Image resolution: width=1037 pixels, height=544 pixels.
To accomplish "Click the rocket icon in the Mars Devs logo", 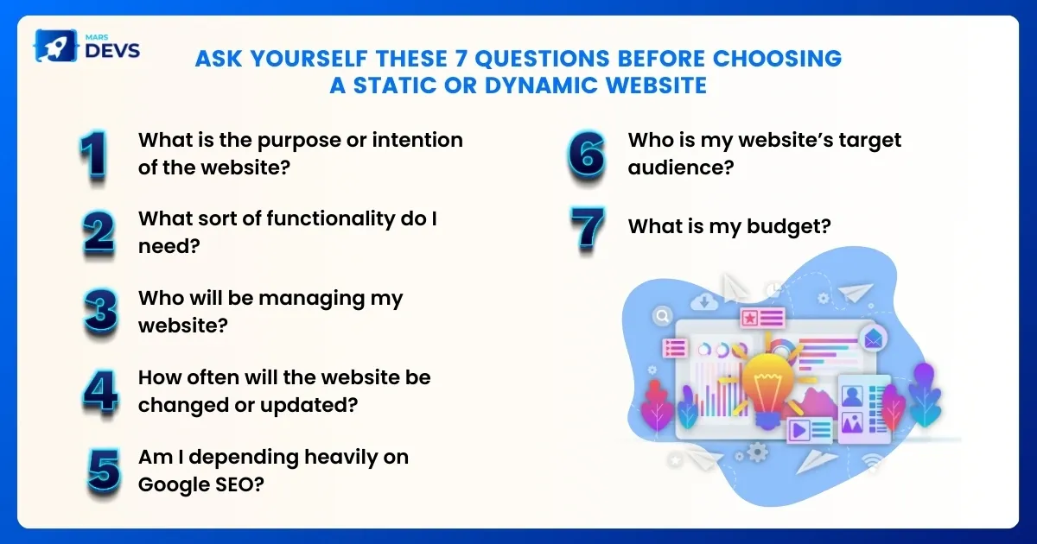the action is coord(55,46).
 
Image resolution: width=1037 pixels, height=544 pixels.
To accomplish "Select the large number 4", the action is coord(100,391).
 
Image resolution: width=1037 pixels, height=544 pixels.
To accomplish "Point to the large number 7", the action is coord(588,228).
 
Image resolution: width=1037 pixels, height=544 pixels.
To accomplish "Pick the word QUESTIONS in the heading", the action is coord(542,59).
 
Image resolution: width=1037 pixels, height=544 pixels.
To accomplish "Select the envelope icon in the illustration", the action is coord(873,339).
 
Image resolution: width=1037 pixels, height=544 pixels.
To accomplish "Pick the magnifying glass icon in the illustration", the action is coord(663,316).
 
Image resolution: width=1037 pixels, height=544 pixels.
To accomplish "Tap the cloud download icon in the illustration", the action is coord(704,302).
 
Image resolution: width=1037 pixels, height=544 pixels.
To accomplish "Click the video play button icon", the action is coord(799,431).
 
